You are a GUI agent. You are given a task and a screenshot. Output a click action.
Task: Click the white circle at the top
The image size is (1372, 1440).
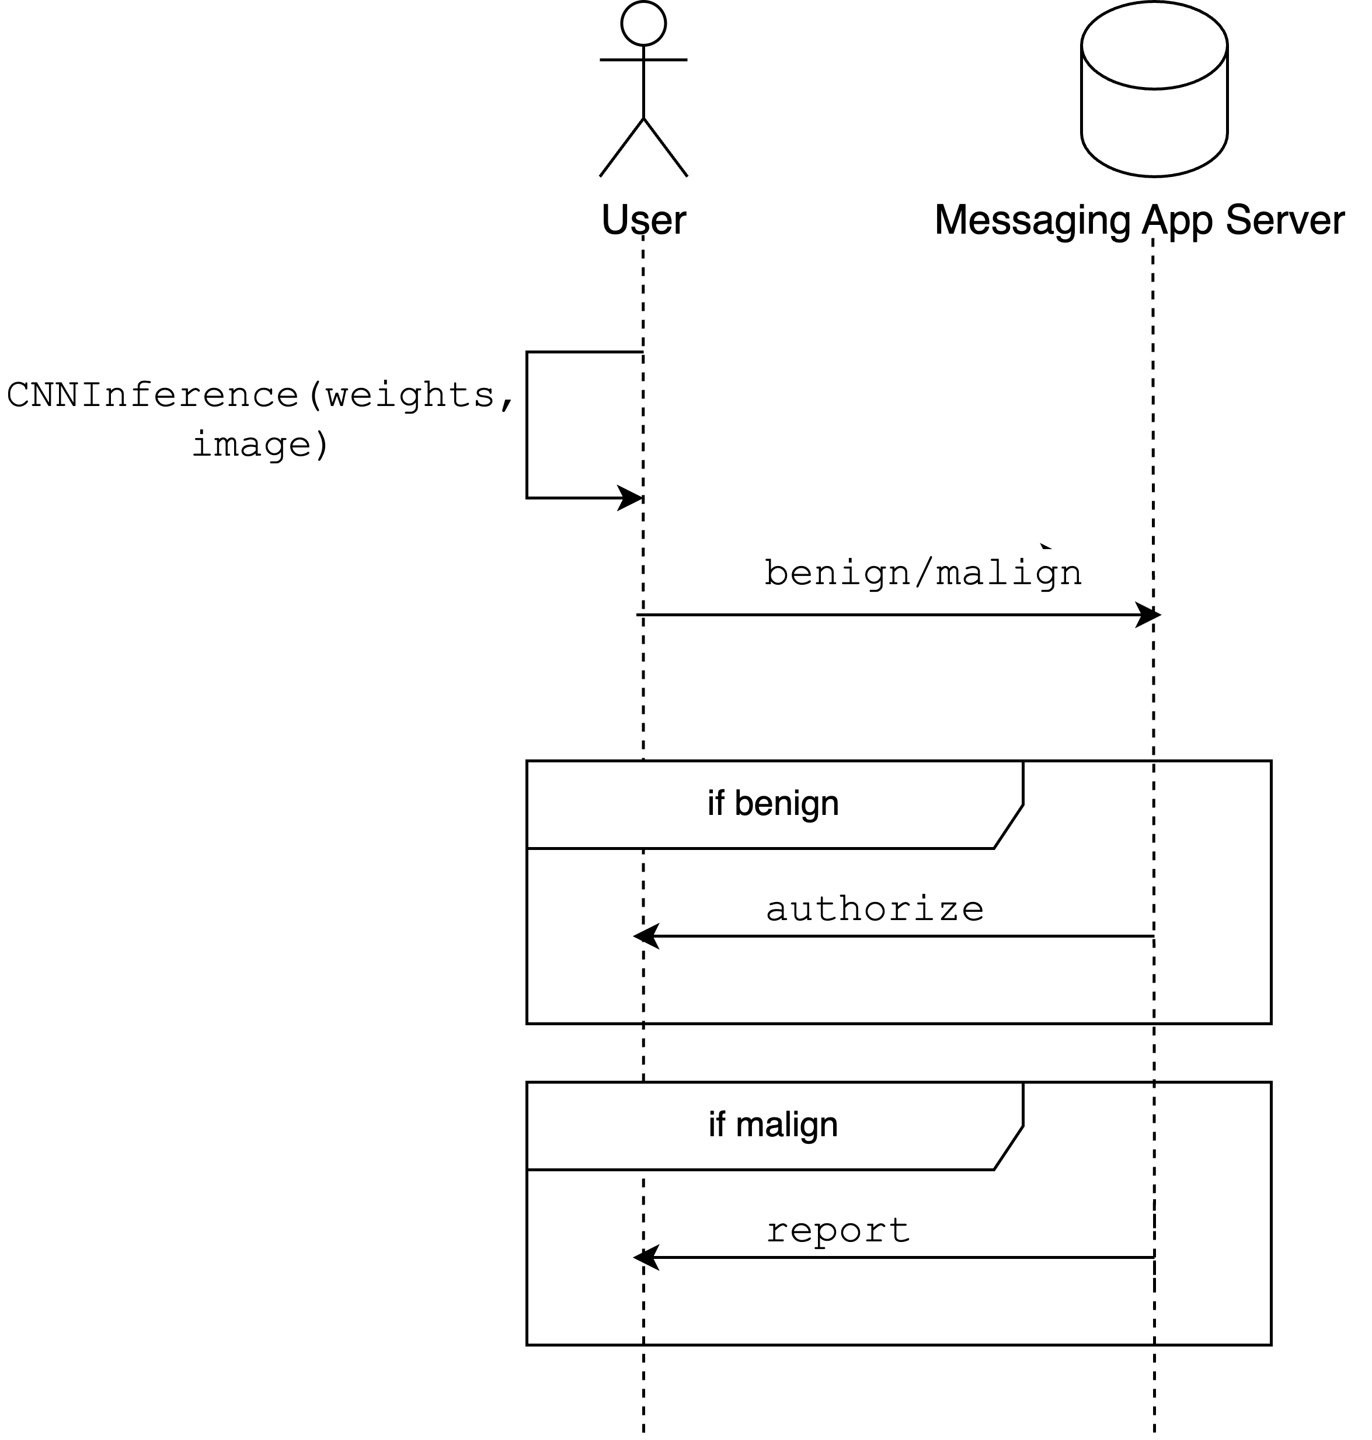tap(643, 23)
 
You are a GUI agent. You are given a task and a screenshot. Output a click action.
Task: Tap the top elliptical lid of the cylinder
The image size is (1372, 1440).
tap(1154, 46)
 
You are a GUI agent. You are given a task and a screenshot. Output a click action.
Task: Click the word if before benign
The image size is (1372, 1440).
tap(715, 803)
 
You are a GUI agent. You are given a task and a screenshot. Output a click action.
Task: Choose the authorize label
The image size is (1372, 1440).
tap(875, 909)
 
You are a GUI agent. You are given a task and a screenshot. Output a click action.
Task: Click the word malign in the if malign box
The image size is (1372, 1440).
tap(786, 1125)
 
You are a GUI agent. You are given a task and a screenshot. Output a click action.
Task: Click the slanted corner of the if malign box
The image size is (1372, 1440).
tap(1008, 1147)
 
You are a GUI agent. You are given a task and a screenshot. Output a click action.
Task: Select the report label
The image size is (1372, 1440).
tap(837, 1230)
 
